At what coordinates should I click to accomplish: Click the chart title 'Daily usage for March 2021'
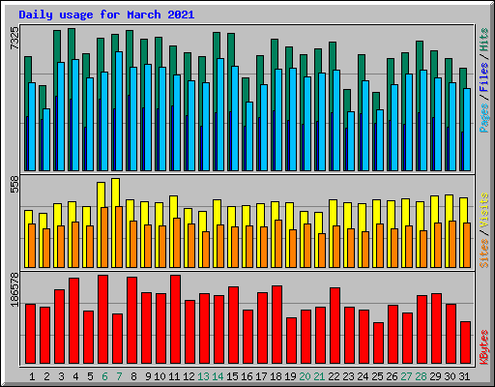(106, 15)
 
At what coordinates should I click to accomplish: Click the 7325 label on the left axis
(15, 40)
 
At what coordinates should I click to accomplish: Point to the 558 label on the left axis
(15, 184)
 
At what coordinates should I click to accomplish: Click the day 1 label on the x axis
(32, 375)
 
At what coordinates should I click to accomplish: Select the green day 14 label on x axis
(218, 375)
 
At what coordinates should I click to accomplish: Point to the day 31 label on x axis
(465, 375)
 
